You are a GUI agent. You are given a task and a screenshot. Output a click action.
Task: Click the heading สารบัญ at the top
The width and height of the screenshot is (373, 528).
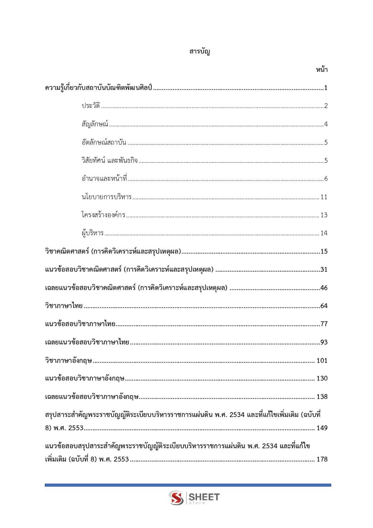point(200,52)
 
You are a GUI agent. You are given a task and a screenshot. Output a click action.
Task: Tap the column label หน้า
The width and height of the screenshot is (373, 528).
point(322,70)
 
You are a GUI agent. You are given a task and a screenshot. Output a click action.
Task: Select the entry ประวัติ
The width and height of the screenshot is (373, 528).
point(91,106)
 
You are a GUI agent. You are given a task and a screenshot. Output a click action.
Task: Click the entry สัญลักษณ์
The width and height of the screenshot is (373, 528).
point(95,124)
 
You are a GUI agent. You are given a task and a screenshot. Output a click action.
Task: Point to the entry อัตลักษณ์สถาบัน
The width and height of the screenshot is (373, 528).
point(104,142)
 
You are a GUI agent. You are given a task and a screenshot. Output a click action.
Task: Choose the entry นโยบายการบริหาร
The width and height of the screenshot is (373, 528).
point(107,197)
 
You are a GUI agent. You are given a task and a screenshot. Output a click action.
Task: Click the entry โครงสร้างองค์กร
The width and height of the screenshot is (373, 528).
point(103,215)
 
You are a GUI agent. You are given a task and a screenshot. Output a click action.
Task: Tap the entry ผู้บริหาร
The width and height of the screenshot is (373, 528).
point(93,233)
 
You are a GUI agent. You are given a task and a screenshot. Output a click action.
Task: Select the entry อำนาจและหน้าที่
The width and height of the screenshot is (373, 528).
point(104,179)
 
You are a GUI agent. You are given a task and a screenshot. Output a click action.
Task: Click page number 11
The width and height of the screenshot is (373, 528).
point(324,197)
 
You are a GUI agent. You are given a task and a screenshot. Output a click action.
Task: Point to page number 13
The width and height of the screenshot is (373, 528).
point(324,215)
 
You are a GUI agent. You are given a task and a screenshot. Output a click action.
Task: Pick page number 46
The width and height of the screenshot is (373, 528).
point(324,288)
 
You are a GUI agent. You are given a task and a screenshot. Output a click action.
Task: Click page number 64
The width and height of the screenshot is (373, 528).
point(324,306)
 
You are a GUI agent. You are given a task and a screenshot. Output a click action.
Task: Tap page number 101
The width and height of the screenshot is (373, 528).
point(322,360)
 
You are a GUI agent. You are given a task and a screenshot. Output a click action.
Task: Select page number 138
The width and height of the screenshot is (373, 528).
point(322,396)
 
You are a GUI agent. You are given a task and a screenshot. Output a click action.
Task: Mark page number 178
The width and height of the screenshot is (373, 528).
point(322,459)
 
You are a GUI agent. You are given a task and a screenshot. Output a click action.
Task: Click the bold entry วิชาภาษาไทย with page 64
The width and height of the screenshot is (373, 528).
point(64,306)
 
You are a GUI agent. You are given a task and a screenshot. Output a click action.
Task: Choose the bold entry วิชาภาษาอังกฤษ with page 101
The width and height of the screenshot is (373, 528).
point(68,360)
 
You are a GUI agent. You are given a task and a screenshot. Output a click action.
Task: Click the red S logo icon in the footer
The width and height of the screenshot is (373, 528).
point(176,498)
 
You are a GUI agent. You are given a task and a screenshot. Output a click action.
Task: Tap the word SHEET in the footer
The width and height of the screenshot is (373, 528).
point(204,497)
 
